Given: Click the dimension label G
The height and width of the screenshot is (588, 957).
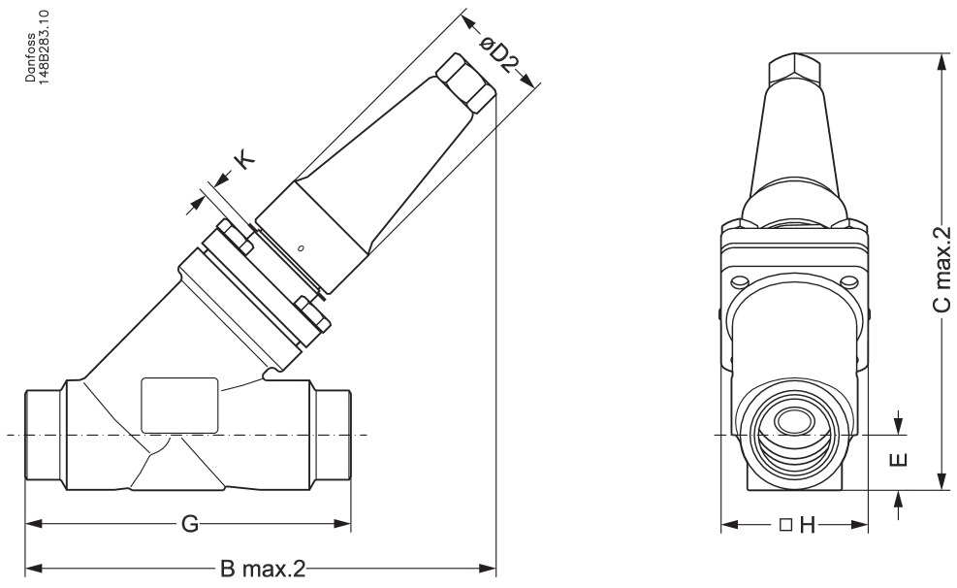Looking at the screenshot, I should click(190, 525).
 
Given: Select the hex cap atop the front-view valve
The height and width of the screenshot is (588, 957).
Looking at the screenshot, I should click(795, 70).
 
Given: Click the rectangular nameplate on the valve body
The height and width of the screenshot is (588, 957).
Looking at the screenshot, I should click(180, 404).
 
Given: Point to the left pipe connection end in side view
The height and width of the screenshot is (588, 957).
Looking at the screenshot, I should click(43, 433).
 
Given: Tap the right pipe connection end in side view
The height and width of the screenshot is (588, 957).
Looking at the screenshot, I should click(334, 433).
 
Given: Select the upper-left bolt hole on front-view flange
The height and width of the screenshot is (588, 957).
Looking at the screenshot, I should click(739, 282).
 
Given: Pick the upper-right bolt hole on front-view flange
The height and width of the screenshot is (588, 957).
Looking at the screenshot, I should click(852, 282).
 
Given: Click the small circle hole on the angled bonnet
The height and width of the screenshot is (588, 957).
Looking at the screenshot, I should click(302, 249).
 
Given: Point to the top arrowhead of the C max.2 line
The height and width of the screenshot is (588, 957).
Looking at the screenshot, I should click(941, 60).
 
